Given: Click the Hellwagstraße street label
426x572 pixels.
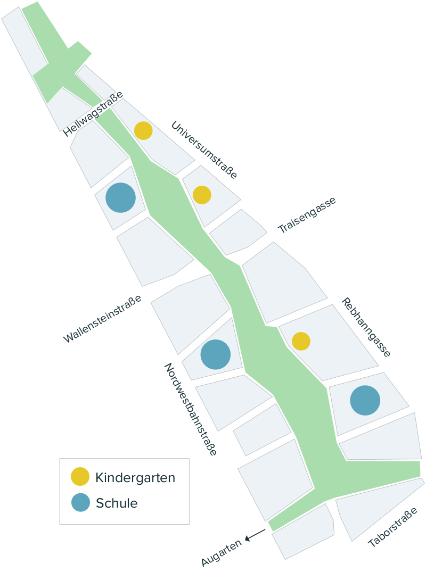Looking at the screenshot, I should pos(93,115).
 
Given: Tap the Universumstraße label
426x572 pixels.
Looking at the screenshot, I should pos(204,150).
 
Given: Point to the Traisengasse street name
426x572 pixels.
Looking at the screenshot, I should pos(307,215).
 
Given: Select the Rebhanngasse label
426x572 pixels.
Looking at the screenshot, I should pos(366,327).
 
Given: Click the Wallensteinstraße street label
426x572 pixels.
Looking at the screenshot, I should pos(103,319).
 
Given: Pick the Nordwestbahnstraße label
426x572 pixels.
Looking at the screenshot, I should pos(190,409).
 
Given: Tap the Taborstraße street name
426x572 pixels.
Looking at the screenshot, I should pos(393,527).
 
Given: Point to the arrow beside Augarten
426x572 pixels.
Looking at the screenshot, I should pos(255,535).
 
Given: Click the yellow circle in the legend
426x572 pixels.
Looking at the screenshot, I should pos(80,477).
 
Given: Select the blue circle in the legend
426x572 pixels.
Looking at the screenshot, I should pos(80,503).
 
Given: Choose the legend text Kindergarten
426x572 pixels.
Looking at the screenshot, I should pos(135,477).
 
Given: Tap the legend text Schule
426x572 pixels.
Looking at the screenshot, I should pos(117,503).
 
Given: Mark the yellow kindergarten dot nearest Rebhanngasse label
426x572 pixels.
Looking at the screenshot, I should pos(301,341).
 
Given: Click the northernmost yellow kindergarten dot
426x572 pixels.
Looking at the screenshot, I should pos(143,130).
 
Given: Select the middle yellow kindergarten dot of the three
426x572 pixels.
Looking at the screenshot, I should pos(202,195).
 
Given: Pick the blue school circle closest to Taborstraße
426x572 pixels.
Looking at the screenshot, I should pos(365,400).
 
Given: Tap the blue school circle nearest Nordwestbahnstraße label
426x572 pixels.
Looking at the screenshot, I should pos(215,354).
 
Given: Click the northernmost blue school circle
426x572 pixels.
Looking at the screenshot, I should pos(120,197).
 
